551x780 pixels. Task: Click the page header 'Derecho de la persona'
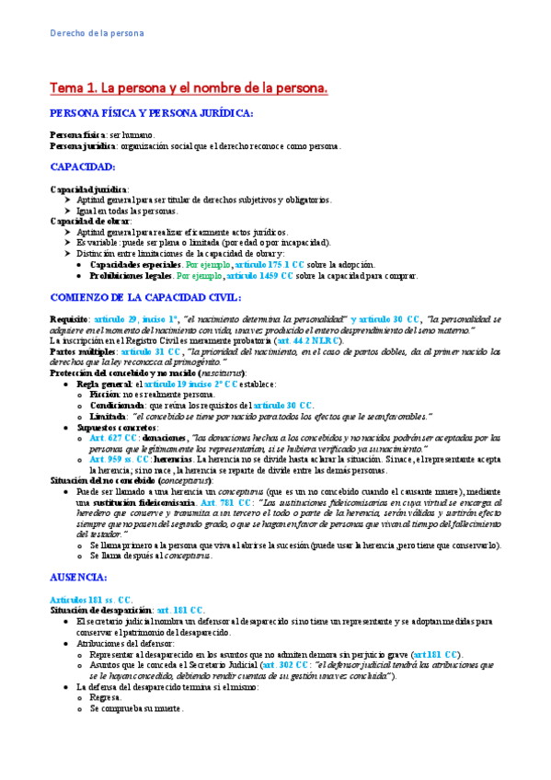coord(97,35)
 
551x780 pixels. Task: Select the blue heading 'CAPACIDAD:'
coord(82,167)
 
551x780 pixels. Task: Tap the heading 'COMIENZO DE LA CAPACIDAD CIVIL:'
coord(146,271)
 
